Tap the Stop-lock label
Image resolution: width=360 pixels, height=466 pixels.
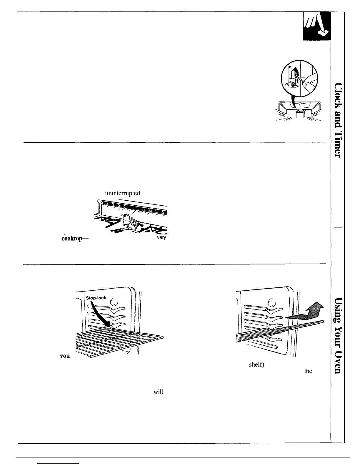click(x=96, y=298)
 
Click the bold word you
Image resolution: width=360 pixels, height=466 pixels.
click(x=65, y=356)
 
